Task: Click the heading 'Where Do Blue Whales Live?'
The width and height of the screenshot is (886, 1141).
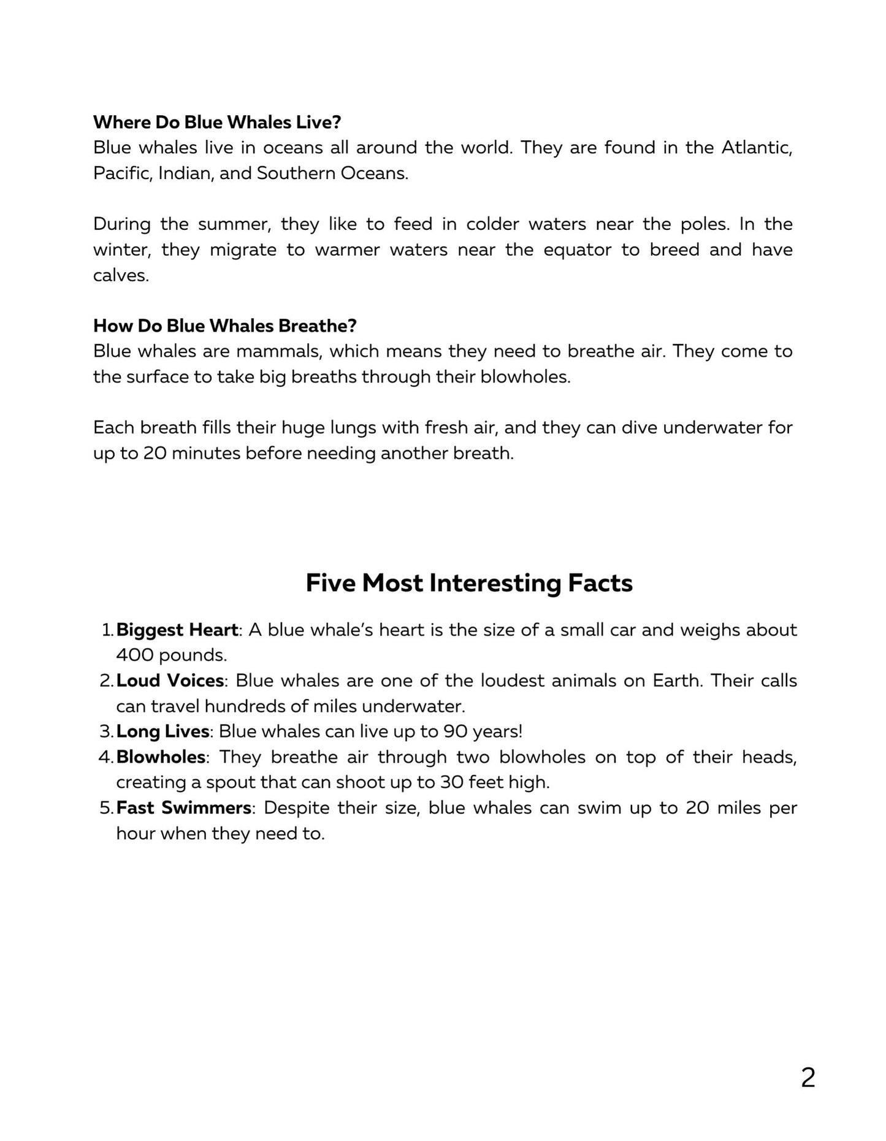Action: pos(217,122)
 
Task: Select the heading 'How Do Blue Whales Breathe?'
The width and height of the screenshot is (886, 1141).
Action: pos(225,326)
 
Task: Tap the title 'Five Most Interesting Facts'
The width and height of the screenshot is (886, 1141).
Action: pos(469,582)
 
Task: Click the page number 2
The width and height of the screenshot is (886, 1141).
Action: pos(808,1078)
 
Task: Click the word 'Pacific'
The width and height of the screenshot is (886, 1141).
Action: pos(121,174)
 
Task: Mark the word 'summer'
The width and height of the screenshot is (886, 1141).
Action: pos(234,224)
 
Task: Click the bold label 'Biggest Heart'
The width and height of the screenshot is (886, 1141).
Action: pos(177,630)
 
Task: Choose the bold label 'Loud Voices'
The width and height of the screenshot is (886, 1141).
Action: pos(170,681)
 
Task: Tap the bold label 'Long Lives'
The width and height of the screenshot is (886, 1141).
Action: pos(162,731)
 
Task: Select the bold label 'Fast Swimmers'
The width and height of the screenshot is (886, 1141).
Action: pos(183,807)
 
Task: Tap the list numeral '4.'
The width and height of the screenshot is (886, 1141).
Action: pos(105,757)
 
